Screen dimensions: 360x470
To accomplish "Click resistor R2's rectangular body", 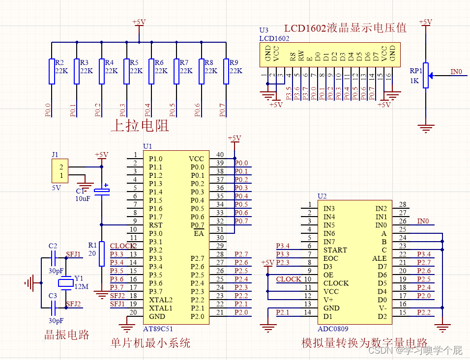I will pyautogui.click(x=52, y=71).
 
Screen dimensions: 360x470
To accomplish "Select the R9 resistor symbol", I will pyautogui.click(x=226, y=71).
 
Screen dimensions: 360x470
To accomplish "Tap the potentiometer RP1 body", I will pyautogui.click(x=426, y=75).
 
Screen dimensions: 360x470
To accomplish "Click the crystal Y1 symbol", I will pyautogui.click(x=65, y=282).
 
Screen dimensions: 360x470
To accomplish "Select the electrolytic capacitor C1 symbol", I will pyautogui.click(x=102, y=191).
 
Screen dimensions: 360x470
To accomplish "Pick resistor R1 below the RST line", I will pyautogui.click(x=102, y=253).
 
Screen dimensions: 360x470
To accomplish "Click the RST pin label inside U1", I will pyautogui.click(x=155, y=225).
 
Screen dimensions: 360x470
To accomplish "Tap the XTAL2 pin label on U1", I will pyautogui.click(x=160, y=300).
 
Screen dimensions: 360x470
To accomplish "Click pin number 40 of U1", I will pyautogui.click(x=220, y=155).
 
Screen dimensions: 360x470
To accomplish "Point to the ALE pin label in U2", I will pyautogui.click(x=380, y=258).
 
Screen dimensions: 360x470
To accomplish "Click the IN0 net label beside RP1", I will pyautogui.click(x=456, y=72).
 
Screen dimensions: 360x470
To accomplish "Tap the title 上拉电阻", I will pyautogui.click(x=140, y=126).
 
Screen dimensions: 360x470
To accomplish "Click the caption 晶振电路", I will pyautogui.click(x=67, y=335).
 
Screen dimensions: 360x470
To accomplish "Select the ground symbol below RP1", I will pyautogui.click(x=426, y=128).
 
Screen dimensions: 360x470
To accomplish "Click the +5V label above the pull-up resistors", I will pyautogui.click(x=139, y=22).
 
